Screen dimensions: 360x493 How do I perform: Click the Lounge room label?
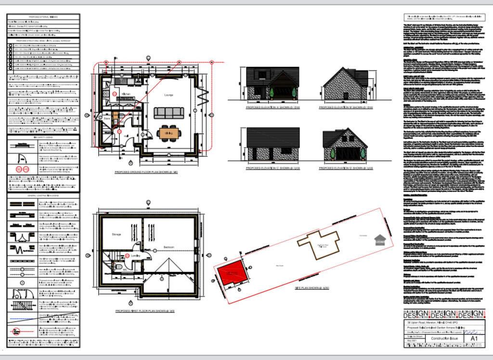coord(169,95)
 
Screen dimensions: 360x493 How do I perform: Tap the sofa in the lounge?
coord(169,113)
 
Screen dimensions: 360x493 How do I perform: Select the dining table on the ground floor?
coord(169,133)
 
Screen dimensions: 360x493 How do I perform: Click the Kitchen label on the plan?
coord(126,94)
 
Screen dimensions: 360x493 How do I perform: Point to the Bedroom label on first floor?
coord(169,247)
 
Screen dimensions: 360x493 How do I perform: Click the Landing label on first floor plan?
coord(136,255)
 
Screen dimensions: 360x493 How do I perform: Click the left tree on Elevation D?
coord(333,153)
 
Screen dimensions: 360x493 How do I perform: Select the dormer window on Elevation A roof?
coord(261,74)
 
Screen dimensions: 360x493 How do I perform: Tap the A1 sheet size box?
coord(474,339)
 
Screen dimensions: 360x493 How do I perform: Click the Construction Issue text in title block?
coord(441,339)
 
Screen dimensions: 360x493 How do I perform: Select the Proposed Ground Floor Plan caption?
coord(143,172)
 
